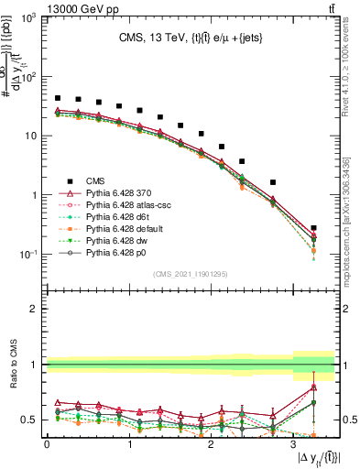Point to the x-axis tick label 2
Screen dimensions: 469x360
pyautogui.click(x=211, y=444)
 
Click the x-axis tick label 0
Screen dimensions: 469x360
pyautogui.click(x=47, y=444)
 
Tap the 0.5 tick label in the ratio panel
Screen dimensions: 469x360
pyautogui.click(x=31, y=420)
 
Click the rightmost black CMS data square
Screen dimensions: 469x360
pyautogui.click(x=313, y=228)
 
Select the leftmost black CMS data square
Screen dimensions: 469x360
pyautogui.click(x=58, y=98)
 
